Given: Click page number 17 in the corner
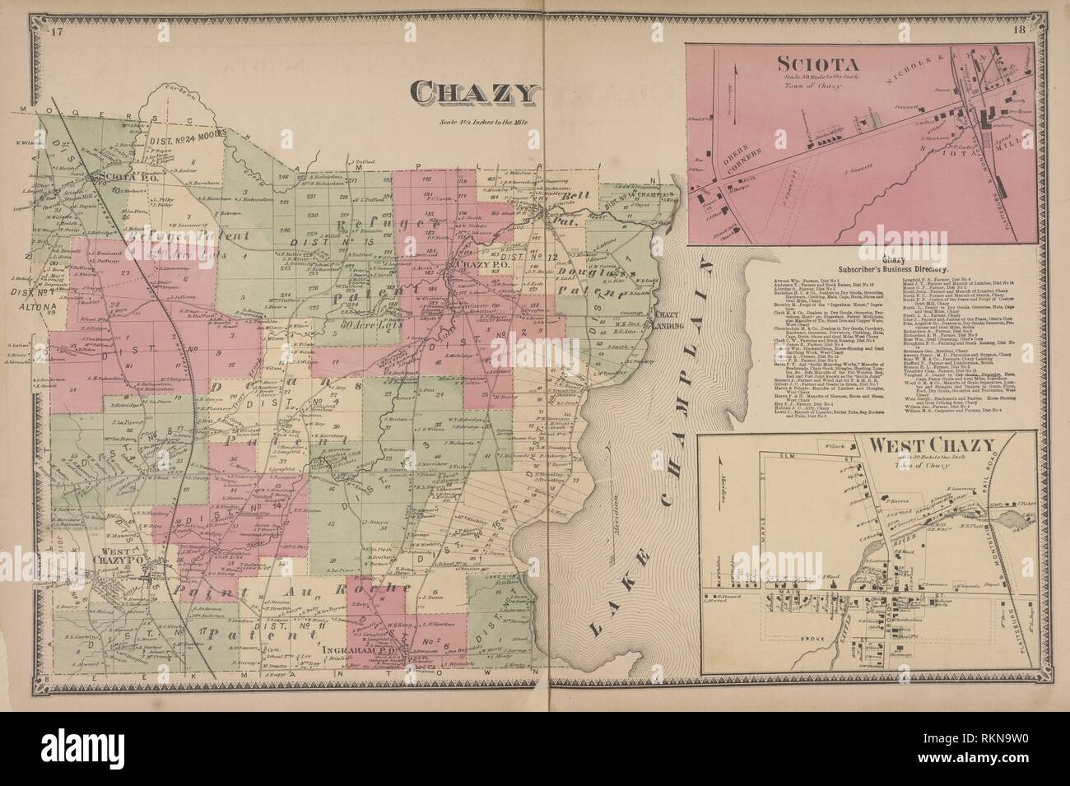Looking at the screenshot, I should click(x=56, y=33).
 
